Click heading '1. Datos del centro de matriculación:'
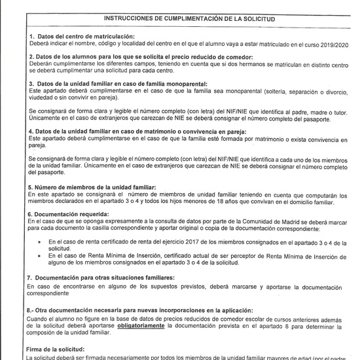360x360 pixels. point(82,36)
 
